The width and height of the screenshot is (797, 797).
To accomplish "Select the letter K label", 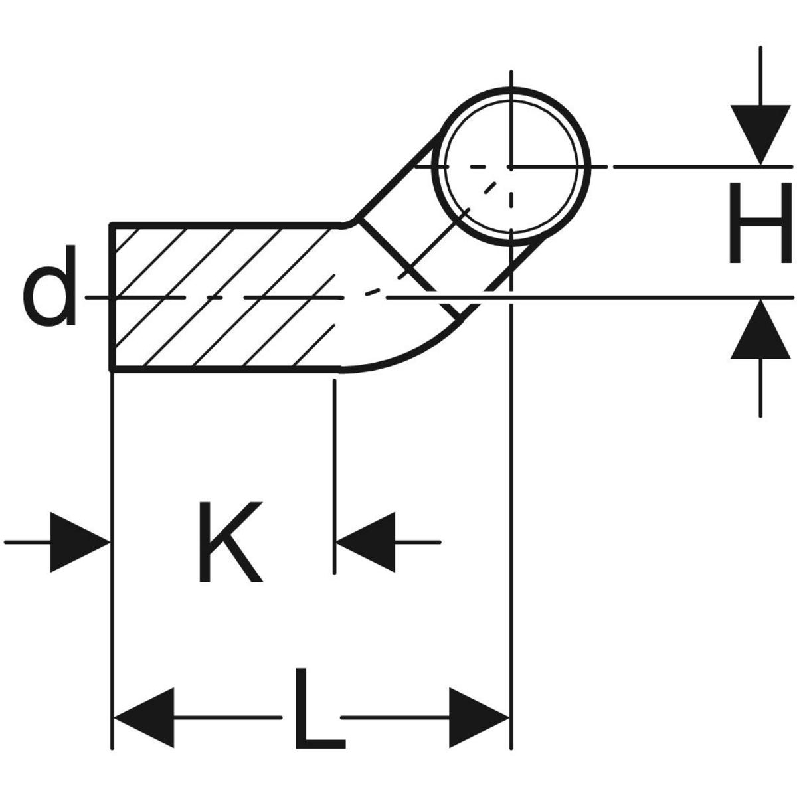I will [x=229, y=542].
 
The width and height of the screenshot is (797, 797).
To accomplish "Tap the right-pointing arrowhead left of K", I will [x=80, y=542].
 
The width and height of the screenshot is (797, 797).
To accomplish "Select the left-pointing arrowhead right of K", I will [x=365, y=542].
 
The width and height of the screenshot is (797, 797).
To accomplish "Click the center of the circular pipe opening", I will [x=511, y=166].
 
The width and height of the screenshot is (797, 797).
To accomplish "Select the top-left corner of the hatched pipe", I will [x=112, y=226].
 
